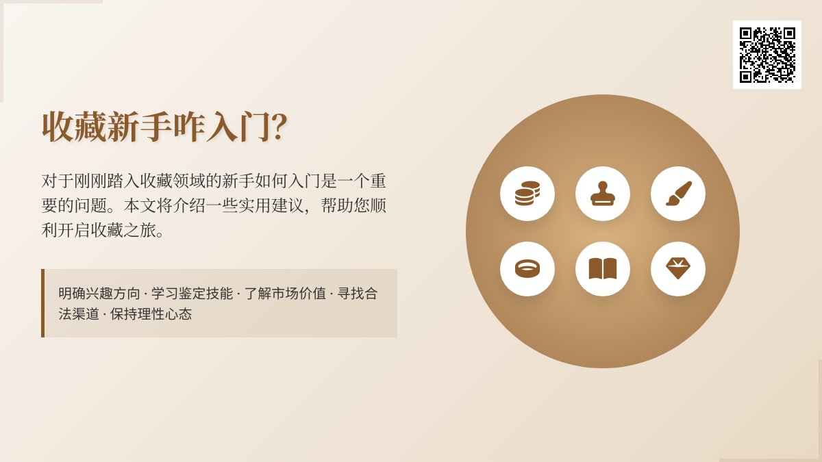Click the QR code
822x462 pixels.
[x=767, y=55]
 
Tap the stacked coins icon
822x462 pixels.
[x=527, y=194]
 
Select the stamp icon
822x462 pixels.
[x=603, y=194]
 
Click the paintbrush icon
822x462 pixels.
[x=678, y=194]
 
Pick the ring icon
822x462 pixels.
[x=527, y=269]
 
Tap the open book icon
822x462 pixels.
[x=603, y=269]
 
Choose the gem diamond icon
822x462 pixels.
[x=678, y=269]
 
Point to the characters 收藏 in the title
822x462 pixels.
[x=74, y=127]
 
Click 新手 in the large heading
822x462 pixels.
[x=140, y=127]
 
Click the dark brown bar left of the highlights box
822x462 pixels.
[x=42, y=303]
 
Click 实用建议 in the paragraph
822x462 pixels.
[x=263, y=206]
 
